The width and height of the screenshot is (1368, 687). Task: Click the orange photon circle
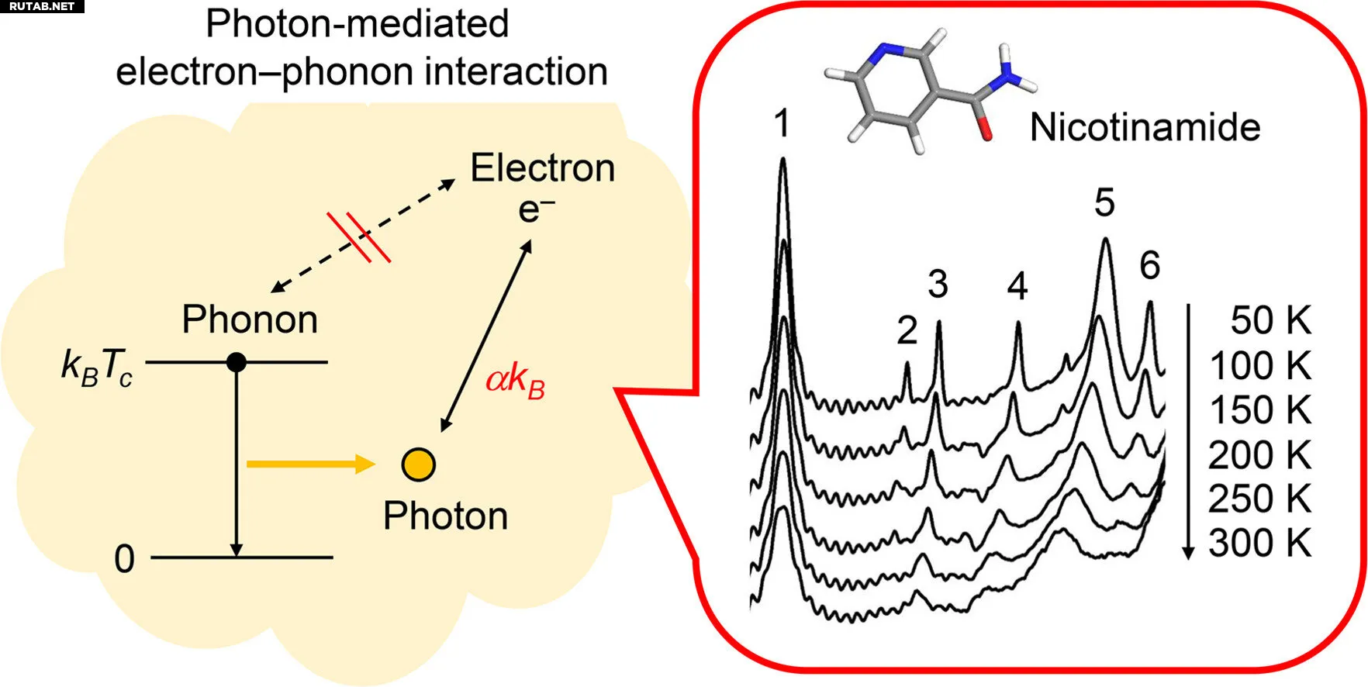[x=419, y=464]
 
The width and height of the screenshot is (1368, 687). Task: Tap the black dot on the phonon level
[x=237, y=361]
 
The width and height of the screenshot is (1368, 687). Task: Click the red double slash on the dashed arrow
[x=358, y=236]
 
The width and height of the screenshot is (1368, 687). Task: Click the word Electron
[x=542, y=168]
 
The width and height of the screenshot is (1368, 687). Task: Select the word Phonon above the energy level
[x=250, y=319]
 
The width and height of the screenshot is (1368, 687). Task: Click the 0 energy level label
[x=124, y=559]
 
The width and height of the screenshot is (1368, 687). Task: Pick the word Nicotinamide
[x=1145, y=127]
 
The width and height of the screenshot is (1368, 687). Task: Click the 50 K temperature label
[x=1270, y=321]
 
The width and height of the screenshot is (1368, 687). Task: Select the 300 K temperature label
[x=1259, y=544]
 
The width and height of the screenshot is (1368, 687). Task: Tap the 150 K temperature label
[x=1260, y=410]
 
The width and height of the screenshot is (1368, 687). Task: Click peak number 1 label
[x=782, y=123]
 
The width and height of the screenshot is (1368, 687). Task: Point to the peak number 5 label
[x=1104, y=203]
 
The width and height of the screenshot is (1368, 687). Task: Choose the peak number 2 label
[x=907, y=331]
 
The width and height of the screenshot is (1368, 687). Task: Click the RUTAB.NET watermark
[x=42, y=6]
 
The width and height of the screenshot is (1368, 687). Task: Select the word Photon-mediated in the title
[x=358, y=23]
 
